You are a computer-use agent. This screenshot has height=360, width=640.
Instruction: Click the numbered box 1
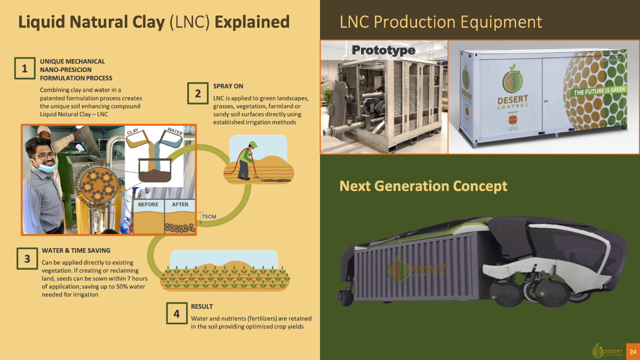point(25,69)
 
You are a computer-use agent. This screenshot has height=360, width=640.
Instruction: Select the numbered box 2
point(198,93)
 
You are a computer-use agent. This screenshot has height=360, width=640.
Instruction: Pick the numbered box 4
point(177,314)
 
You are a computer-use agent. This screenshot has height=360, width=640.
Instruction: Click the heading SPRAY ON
point(228,86)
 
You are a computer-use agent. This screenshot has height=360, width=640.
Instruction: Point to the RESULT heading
point(202,307)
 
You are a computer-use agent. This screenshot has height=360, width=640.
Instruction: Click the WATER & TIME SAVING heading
point(76,250)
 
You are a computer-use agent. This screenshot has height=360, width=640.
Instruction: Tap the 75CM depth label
point(209,217)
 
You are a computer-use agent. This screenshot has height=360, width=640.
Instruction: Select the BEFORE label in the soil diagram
point(148,205)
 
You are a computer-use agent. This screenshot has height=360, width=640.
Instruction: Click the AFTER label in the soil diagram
point(180,205)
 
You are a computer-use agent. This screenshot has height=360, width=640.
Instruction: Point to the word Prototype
point(383,50)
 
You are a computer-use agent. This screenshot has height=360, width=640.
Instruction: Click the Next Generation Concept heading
point(423,186)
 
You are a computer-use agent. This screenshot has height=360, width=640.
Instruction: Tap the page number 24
point(633,351)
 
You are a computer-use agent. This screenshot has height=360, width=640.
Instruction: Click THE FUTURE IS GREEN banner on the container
point(598,92)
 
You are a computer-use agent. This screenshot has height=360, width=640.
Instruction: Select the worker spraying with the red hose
point(245,158)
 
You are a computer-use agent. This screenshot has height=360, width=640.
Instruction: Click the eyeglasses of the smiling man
point(47,156)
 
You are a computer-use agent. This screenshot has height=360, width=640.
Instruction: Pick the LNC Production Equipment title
point(441,22)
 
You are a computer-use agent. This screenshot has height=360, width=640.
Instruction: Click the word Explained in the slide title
point(252,22)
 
